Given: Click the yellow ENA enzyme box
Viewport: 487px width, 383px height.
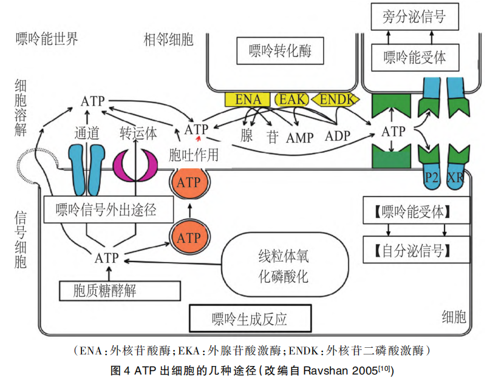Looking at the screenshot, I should point(248,99).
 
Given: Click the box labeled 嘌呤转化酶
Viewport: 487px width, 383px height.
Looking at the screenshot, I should point(280,51).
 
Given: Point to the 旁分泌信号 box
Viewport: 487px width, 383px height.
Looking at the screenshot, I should point(415,16).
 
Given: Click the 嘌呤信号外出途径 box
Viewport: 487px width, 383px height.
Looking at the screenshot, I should point(106,210).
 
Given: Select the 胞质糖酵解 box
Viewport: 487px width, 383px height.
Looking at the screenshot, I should point(105,290).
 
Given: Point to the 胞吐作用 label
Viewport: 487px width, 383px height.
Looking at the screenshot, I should point(192,155).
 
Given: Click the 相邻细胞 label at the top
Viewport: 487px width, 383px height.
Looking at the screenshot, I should point(168,40).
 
